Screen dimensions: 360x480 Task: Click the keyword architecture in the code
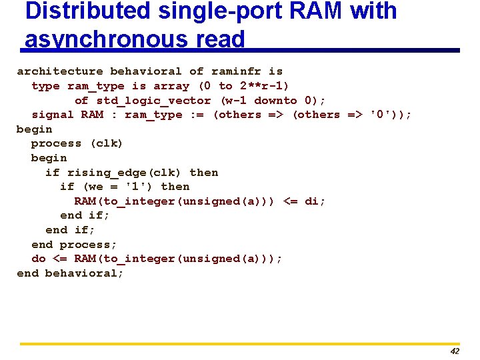[60, 71]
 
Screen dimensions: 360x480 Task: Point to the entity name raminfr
[237, 71]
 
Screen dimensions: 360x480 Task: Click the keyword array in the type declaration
[171, 86]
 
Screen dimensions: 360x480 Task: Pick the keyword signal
[53, 115]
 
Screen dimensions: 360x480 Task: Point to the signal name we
[95, 187]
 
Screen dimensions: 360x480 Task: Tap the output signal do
[39, 259]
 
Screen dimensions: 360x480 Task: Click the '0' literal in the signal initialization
[381, 115]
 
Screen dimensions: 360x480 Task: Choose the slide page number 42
[455, 351]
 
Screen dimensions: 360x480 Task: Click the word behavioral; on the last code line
[85, 273]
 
